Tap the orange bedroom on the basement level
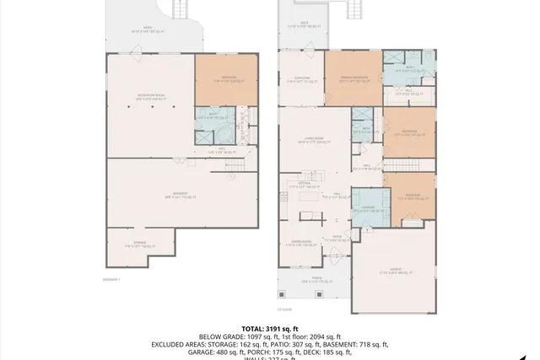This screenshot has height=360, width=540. tap(225, 79)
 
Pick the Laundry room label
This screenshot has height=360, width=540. tap(369, 207)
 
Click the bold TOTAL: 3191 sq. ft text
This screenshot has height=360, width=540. tap(270, 328)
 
